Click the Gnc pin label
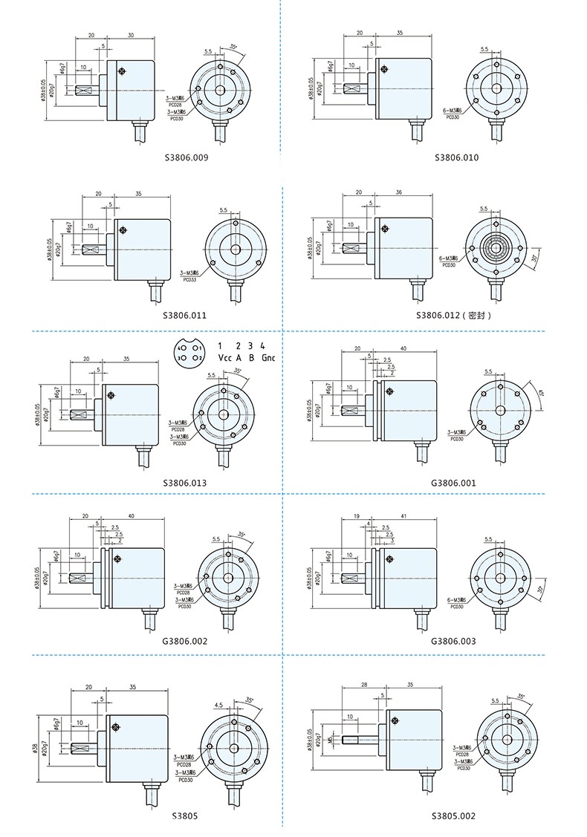click(x=268, y=358)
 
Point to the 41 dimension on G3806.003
click(x=403, y=516)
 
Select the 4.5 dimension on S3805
click(x=218, y=704)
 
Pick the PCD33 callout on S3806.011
click(x=189, y=279)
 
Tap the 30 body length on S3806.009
click(x=131, y=35)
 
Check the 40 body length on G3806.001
click(x=403, y=348)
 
